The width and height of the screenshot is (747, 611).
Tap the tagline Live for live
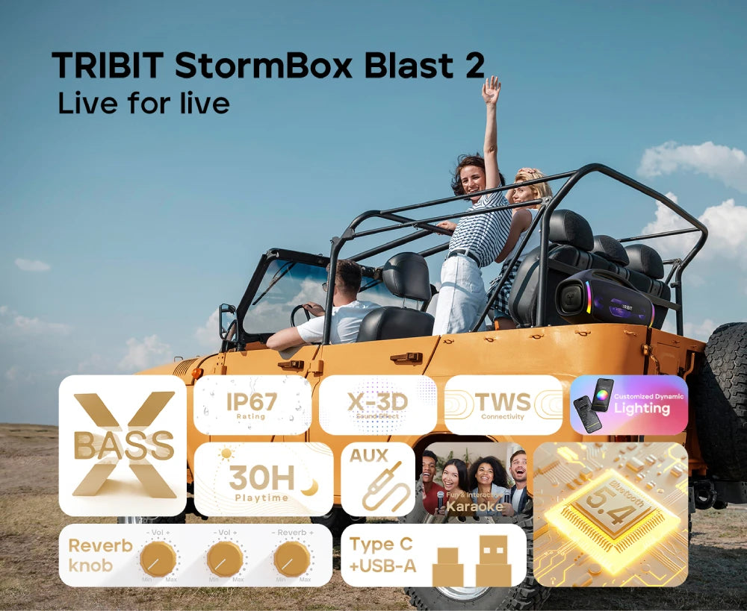143,103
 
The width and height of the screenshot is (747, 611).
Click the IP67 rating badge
252,405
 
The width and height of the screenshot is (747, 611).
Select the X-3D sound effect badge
377,405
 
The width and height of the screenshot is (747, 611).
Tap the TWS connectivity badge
503,405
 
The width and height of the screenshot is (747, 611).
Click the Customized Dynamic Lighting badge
628,405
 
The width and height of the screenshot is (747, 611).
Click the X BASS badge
123,445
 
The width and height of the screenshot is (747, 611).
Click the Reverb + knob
292,559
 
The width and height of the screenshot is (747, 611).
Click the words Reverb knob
99,555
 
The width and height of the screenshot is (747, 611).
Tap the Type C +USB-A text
382,555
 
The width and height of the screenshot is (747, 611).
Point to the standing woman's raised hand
491,90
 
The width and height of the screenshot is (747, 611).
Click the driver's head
348,278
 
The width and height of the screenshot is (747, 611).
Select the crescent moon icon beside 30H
309,487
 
